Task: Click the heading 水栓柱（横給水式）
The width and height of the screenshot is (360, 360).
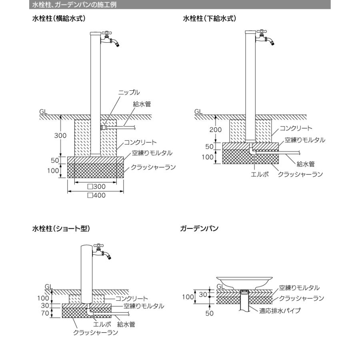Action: [x=59, y=18]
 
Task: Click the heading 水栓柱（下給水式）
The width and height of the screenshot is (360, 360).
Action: [x=210, y=18]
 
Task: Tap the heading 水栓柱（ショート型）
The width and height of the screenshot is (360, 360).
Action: [x=61, y=228]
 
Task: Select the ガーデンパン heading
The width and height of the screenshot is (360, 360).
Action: [x=199, y=228]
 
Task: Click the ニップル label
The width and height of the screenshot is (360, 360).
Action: [x=129, y=92]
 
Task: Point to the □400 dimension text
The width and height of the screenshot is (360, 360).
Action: [x=96, y=195]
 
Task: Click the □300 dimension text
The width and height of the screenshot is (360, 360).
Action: [x=96, y=186]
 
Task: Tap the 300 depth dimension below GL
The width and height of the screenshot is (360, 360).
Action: [x=60, y=136]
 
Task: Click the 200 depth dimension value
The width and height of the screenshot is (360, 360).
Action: [x=215, y=130]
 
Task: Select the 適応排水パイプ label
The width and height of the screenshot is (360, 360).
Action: [x=280, y=311]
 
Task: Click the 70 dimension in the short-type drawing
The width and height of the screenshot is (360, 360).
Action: [x=45, y=313]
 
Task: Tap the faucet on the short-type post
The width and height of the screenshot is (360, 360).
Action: [x=102, y=252]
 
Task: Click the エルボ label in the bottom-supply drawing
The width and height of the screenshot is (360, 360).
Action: [x=260, y=174]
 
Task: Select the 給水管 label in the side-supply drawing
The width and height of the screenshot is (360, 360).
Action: [x=142, y=104]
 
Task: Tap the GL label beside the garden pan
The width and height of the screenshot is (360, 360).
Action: [x=220, y=286]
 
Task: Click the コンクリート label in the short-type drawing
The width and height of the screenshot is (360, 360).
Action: [x=132, y=298]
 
